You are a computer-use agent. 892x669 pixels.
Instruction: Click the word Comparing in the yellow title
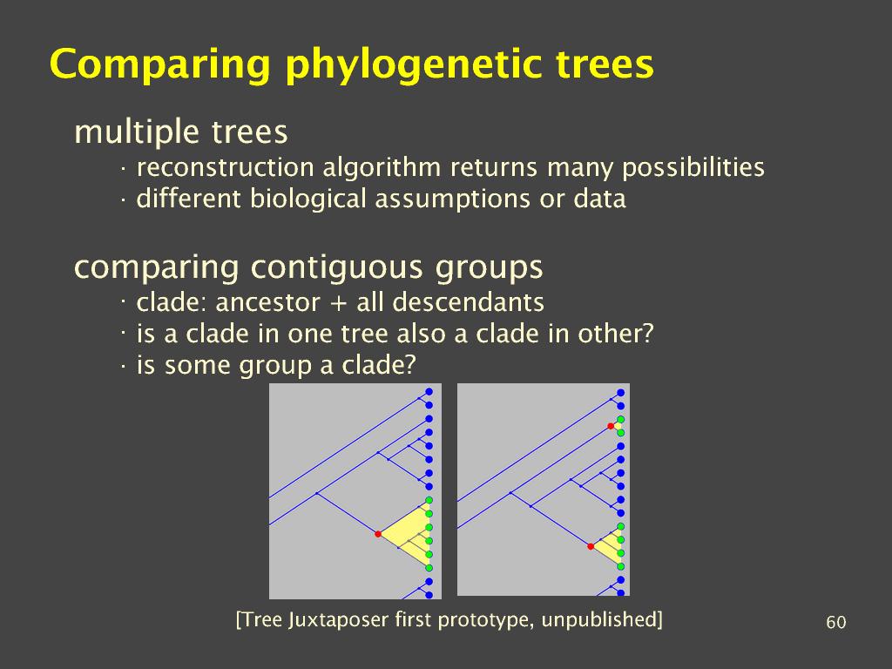coord(159,64)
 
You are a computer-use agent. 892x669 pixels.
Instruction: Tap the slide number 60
coord(835,622)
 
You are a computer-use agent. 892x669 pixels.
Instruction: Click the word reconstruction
coord(226,168)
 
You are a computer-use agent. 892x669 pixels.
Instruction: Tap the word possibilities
coord(693,168)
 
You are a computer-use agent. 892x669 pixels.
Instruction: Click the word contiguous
coord(337,267)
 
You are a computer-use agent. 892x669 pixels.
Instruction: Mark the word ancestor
coord(268,303)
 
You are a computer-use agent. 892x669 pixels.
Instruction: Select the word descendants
coord(468,302)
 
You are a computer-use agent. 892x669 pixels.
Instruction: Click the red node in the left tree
coord(378,534)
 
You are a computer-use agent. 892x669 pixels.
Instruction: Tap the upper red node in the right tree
coord(611,426)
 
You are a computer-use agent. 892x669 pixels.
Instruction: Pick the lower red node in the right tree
coord(591,547)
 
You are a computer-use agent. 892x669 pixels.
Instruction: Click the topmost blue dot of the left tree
coord(429,392)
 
